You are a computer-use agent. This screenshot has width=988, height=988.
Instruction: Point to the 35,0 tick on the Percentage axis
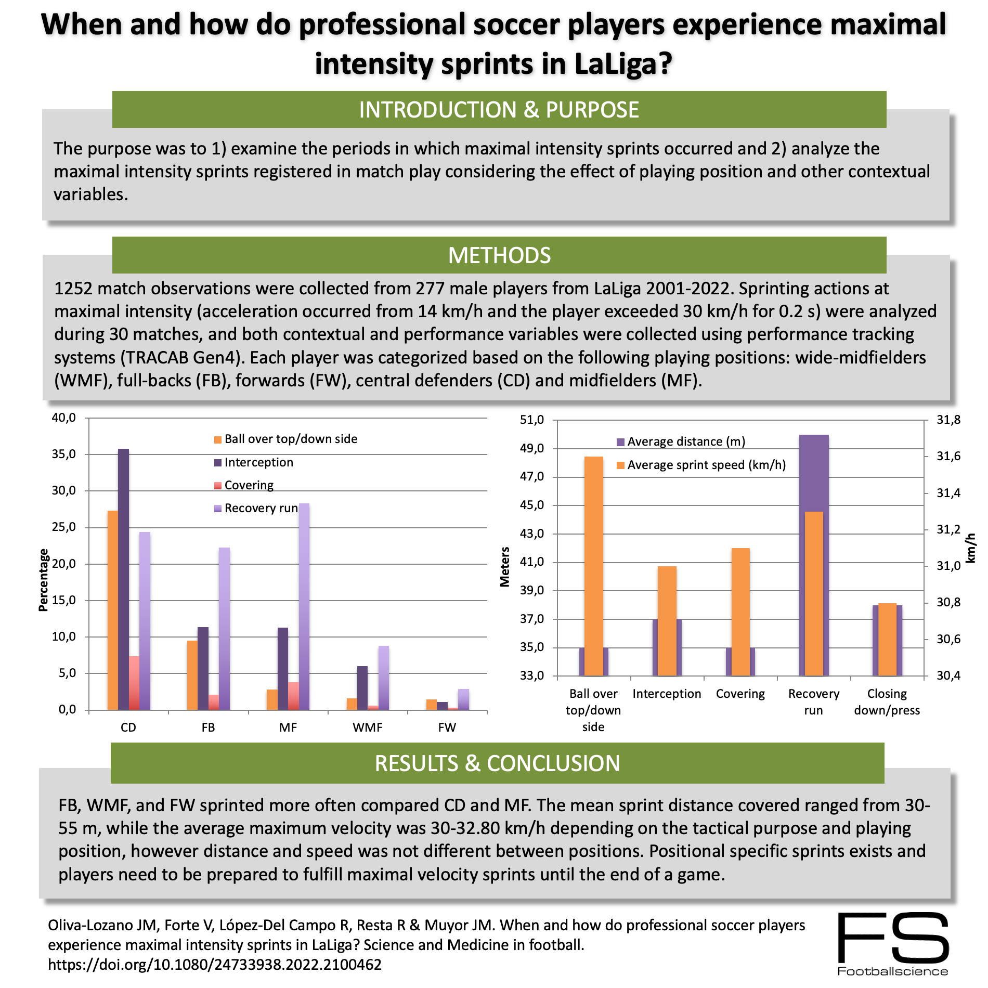click(x=63, y=454)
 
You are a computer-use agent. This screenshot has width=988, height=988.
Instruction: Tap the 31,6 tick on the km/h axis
click(x=948, y=457)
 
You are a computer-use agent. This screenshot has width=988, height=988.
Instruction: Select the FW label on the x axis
click(x=447, y=727)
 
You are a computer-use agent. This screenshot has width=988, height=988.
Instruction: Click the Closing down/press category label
click(x=887, y=702)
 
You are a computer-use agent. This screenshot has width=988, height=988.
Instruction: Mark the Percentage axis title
click(x=44, y=580)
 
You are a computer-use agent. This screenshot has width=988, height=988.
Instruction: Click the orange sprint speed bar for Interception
click(x=667, y=621)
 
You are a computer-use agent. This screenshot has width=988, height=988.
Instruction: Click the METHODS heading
click(x=499, y=255)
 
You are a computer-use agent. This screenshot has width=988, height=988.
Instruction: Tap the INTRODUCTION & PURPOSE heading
click(x=499, y=110)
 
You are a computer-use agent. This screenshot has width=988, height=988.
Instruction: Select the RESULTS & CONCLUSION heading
click(x=497, y=763)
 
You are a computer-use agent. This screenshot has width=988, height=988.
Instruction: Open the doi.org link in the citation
click(x=215, y=965)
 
